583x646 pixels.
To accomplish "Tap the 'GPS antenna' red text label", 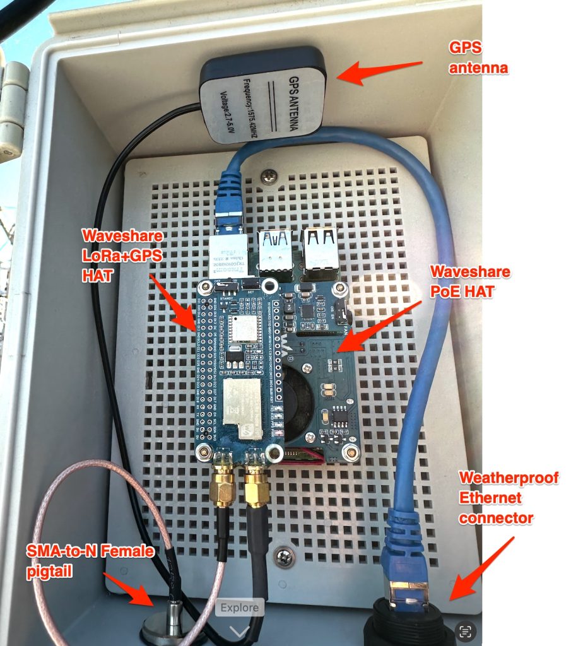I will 478,57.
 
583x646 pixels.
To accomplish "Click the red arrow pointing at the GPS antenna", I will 379,71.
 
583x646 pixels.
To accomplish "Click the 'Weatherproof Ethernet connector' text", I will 509,498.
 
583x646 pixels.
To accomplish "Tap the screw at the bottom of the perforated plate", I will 284,556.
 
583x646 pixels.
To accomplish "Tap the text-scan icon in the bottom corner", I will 466,631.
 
